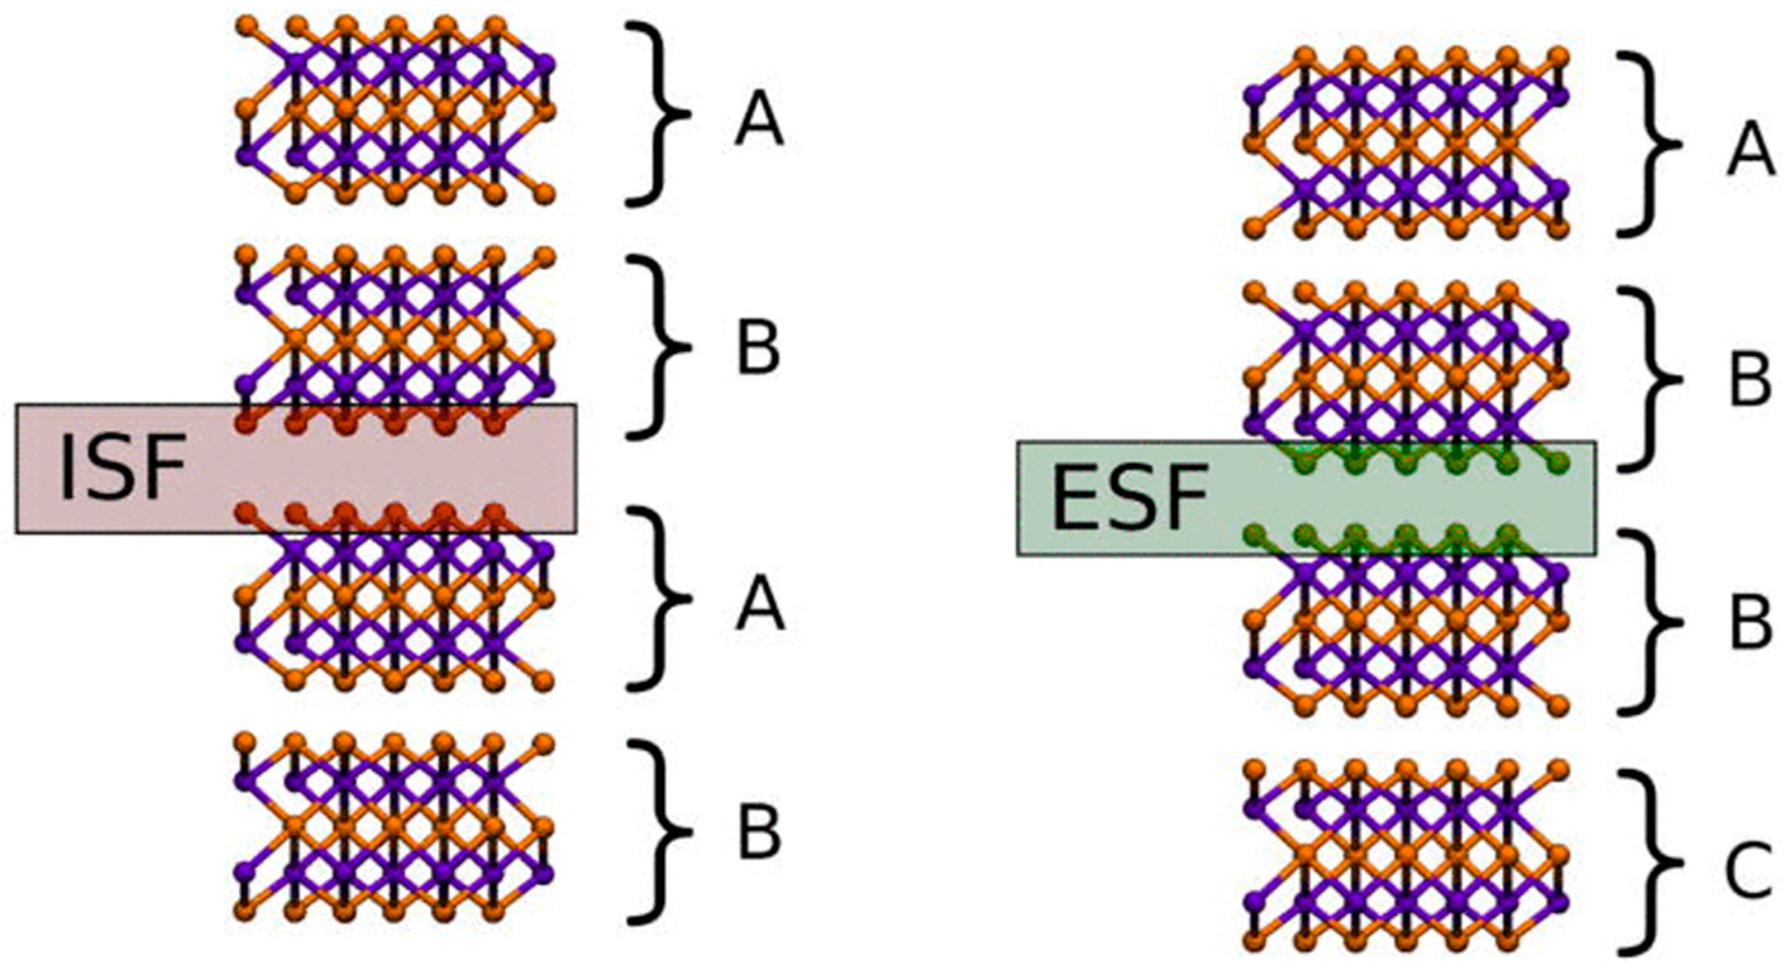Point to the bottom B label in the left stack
(x=760, y=832)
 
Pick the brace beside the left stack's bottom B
(x=662, y=832)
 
